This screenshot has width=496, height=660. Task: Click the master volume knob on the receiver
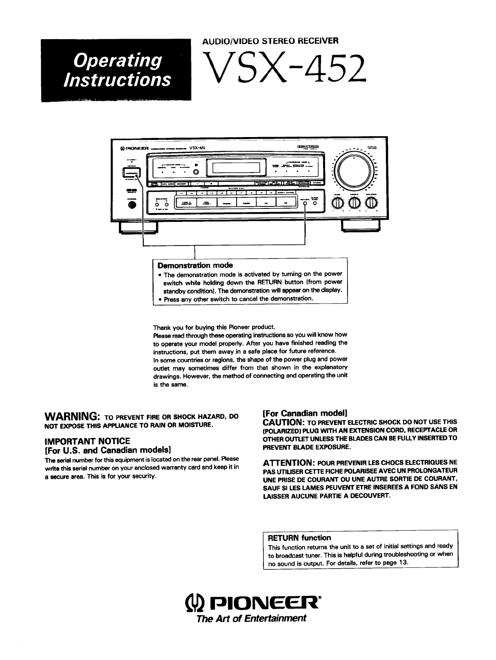click(353, 170)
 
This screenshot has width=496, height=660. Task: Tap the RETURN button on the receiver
click(305, 204)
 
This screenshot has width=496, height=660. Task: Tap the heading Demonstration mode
click(195, 266)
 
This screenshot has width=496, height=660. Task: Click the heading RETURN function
click(299, 538)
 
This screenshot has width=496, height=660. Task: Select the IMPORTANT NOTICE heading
click(87, 441)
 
